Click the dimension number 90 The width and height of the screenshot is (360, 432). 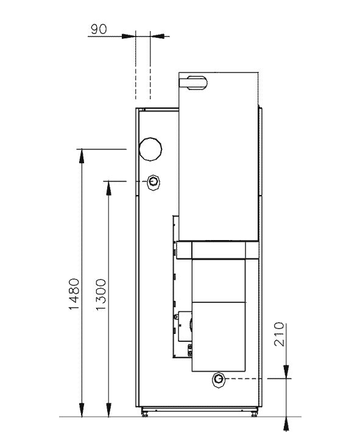[99, 29]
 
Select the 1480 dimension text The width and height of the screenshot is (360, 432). [74, 294]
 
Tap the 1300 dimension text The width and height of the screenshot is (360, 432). [101, 294]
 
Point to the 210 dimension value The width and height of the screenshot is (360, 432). [279, 334]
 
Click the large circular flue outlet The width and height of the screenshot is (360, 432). [150, 149]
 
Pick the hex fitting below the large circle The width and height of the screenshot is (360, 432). [154, 182]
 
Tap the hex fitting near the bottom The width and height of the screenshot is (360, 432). [219, 380]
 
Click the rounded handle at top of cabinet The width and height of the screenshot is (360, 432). [193, 83]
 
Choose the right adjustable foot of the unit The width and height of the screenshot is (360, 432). [254, 413]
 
